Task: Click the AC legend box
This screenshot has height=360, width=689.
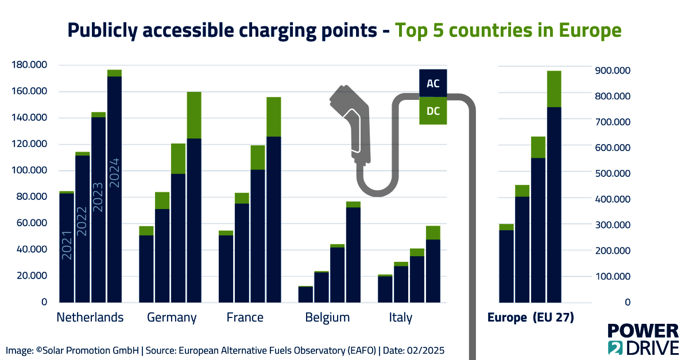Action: (433, 84)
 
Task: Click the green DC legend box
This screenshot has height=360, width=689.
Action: (433, 111)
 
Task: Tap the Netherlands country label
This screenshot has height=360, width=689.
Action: (90, 318)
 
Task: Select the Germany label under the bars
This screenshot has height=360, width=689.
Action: (172, 318)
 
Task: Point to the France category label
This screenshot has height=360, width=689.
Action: (245, 318)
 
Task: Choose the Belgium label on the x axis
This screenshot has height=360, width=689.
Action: (327, 318)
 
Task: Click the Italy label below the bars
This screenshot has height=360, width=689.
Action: (400, 318)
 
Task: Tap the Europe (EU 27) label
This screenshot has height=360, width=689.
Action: (531, 318)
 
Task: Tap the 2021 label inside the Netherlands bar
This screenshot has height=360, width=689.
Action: (67, 245)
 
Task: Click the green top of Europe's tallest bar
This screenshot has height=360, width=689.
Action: (553, 89)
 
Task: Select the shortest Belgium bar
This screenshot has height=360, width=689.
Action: (305, 294)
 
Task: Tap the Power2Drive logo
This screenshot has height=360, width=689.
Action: (643, 339)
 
